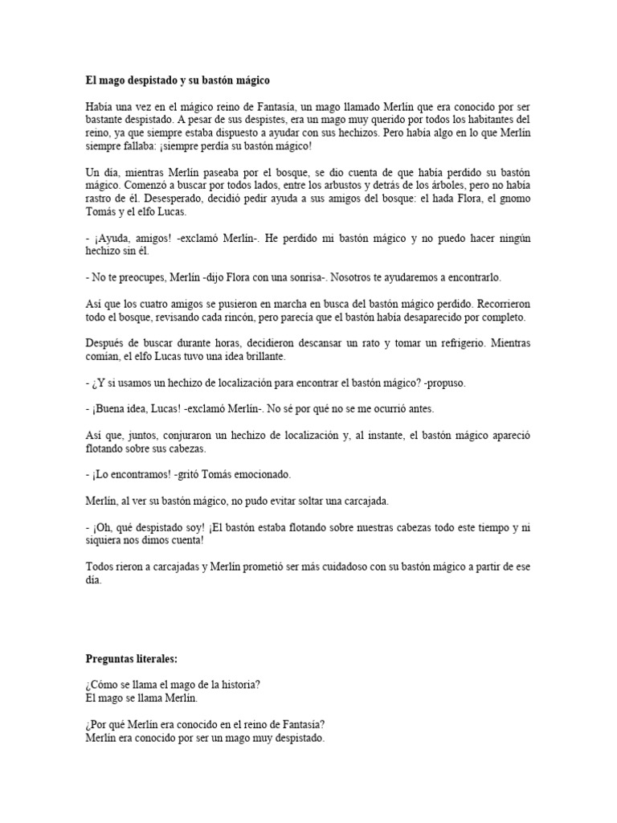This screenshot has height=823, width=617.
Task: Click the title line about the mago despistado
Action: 178,80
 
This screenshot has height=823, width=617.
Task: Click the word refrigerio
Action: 459,343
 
